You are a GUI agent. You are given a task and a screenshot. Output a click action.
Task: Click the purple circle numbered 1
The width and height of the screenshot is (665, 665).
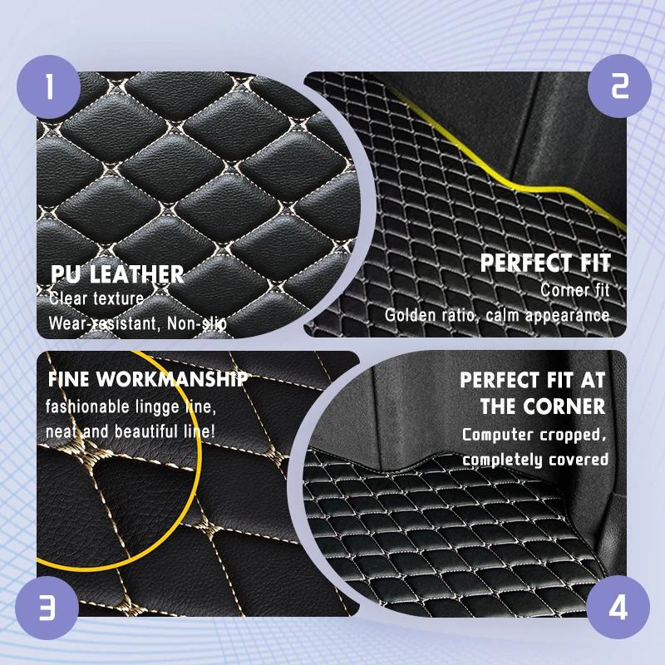pos(48,86)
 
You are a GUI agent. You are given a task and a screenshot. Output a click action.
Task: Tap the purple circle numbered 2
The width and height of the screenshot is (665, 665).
pos(619,86)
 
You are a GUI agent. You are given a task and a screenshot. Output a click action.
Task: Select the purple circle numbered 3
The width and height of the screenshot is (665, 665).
pos(47,608)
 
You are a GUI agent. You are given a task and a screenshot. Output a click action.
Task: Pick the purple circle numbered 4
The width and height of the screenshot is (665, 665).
pos(618,607)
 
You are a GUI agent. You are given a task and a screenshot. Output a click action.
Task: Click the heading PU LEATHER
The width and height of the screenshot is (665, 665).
pos(117,274)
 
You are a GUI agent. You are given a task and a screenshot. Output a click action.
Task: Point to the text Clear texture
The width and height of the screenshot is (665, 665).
pos(96,298)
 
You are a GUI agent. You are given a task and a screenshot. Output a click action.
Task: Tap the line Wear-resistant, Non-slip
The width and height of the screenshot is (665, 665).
pos(138,323)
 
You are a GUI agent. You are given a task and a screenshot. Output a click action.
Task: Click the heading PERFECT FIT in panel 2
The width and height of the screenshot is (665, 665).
pos(545,263)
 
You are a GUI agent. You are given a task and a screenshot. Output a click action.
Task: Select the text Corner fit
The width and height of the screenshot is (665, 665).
pos(574,290)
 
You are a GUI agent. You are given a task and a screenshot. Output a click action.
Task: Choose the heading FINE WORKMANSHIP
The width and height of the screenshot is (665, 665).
pos(148,379)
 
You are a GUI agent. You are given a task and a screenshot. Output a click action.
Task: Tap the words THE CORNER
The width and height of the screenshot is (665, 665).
pos(543,406)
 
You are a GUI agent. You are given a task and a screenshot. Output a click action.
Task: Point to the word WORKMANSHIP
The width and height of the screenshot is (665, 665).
pos(172,379)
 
